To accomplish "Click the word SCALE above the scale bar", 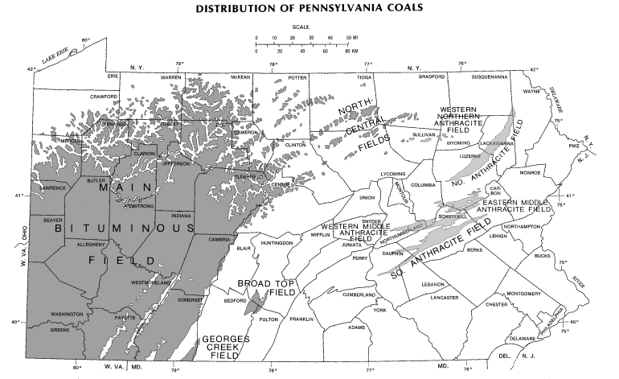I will point(301,27).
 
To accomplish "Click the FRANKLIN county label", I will point(301,319).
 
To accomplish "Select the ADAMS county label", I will point(356,328).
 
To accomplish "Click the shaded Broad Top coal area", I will point(256,303).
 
